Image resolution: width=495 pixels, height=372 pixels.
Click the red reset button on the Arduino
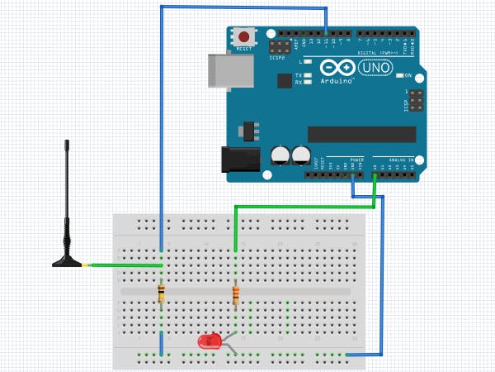click(x=244, y=37)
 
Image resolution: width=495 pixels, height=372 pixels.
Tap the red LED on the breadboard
click(x=210, y=341)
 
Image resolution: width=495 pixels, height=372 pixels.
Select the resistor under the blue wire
click(x=161, y=292)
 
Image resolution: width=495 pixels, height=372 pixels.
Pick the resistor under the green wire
click(x=236, y=293)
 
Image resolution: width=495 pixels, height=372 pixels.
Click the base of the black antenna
click(x=67, y=261)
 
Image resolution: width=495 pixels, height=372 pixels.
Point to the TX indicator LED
click(x=308, y=75)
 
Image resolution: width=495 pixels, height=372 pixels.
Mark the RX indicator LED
click(x=308, y=83)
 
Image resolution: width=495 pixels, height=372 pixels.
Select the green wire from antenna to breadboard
click(x=124, y=265)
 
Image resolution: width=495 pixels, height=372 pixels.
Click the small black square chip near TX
click(x=285, y=80)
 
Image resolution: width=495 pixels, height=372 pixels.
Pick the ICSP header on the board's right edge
click(x=415, y=101)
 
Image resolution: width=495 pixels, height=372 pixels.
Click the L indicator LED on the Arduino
click(x=308, y=61)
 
